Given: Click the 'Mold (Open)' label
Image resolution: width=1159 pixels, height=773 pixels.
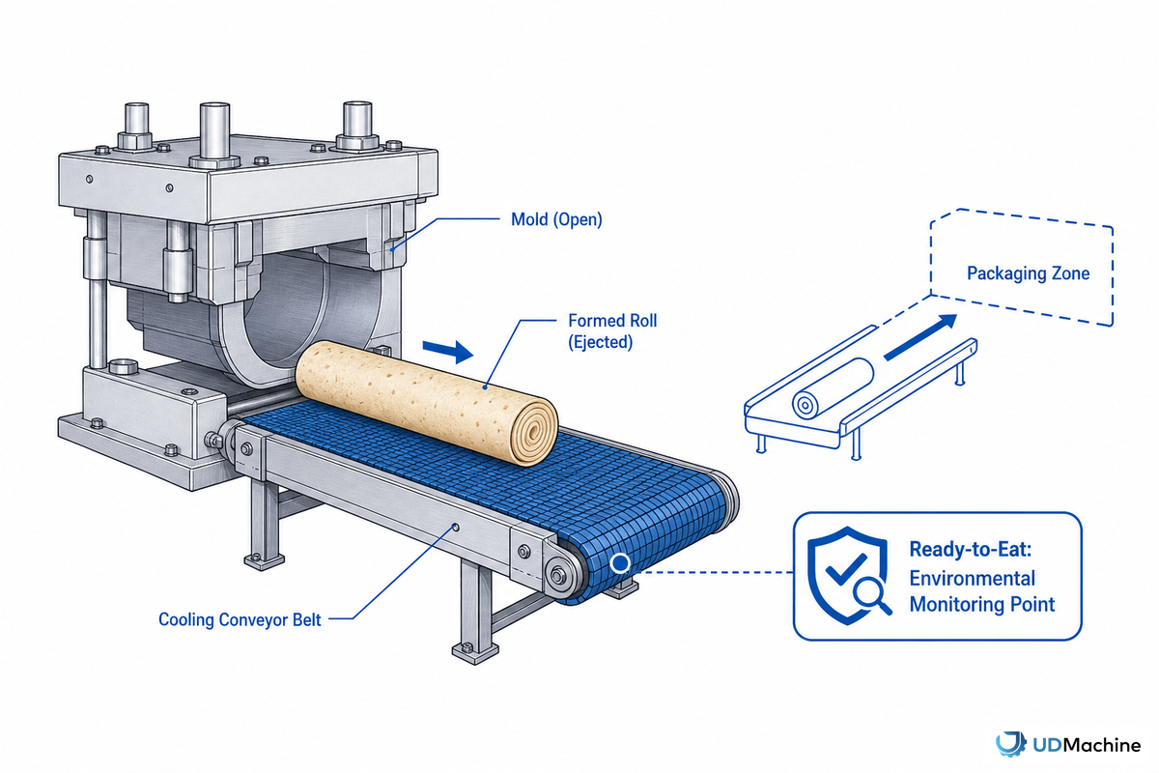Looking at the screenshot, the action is point(556,219).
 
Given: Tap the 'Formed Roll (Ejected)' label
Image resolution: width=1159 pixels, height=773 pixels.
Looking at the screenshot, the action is point(612,331).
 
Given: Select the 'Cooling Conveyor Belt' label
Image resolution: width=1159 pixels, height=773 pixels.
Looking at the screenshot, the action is point(240,619).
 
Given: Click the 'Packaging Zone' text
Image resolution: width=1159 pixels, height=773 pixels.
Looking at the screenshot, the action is point(1028,273).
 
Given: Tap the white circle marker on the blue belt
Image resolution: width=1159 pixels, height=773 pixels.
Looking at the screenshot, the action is point(619,562).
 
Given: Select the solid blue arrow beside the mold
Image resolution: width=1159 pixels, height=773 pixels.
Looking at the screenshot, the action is point(447,352).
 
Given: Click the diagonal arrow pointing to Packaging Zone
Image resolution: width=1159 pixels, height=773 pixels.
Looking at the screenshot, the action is point(919,337).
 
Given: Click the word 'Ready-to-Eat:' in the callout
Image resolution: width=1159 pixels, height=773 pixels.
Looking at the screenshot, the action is point(970,550).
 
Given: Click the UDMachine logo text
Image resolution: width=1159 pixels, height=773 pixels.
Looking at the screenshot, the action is point(1087,746).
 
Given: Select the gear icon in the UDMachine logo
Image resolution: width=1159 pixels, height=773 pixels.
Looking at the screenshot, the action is point(1011,745).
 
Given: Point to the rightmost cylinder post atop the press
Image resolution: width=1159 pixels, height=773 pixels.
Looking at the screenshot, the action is point(357,125).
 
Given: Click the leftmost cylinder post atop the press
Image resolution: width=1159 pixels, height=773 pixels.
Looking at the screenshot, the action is point(136,126).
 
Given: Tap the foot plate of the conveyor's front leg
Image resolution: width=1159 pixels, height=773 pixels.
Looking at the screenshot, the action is point(475,652).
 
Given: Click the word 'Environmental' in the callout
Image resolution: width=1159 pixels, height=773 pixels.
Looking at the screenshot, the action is point(973,579).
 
